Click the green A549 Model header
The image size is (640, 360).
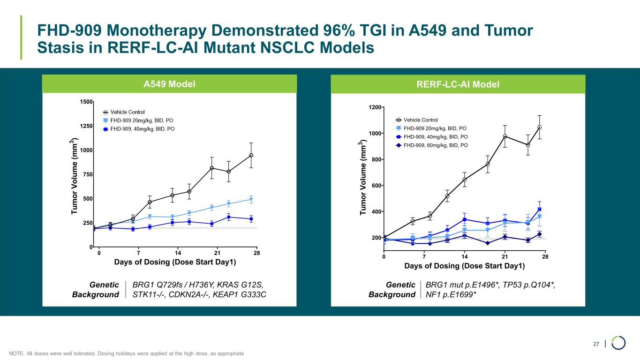[169, 84]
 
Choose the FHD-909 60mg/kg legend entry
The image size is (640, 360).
[435, 145]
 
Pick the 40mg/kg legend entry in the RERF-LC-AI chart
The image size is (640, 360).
[435, 136]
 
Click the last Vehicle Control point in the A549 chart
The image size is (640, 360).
[251, 155]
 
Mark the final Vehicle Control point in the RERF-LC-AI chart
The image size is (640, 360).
[540, 127]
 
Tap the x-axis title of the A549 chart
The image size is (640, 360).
[175, 262]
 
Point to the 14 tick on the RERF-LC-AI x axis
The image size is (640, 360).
[464, 256]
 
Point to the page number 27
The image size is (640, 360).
[596, 345]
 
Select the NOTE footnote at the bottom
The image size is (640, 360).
[127, 352]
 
